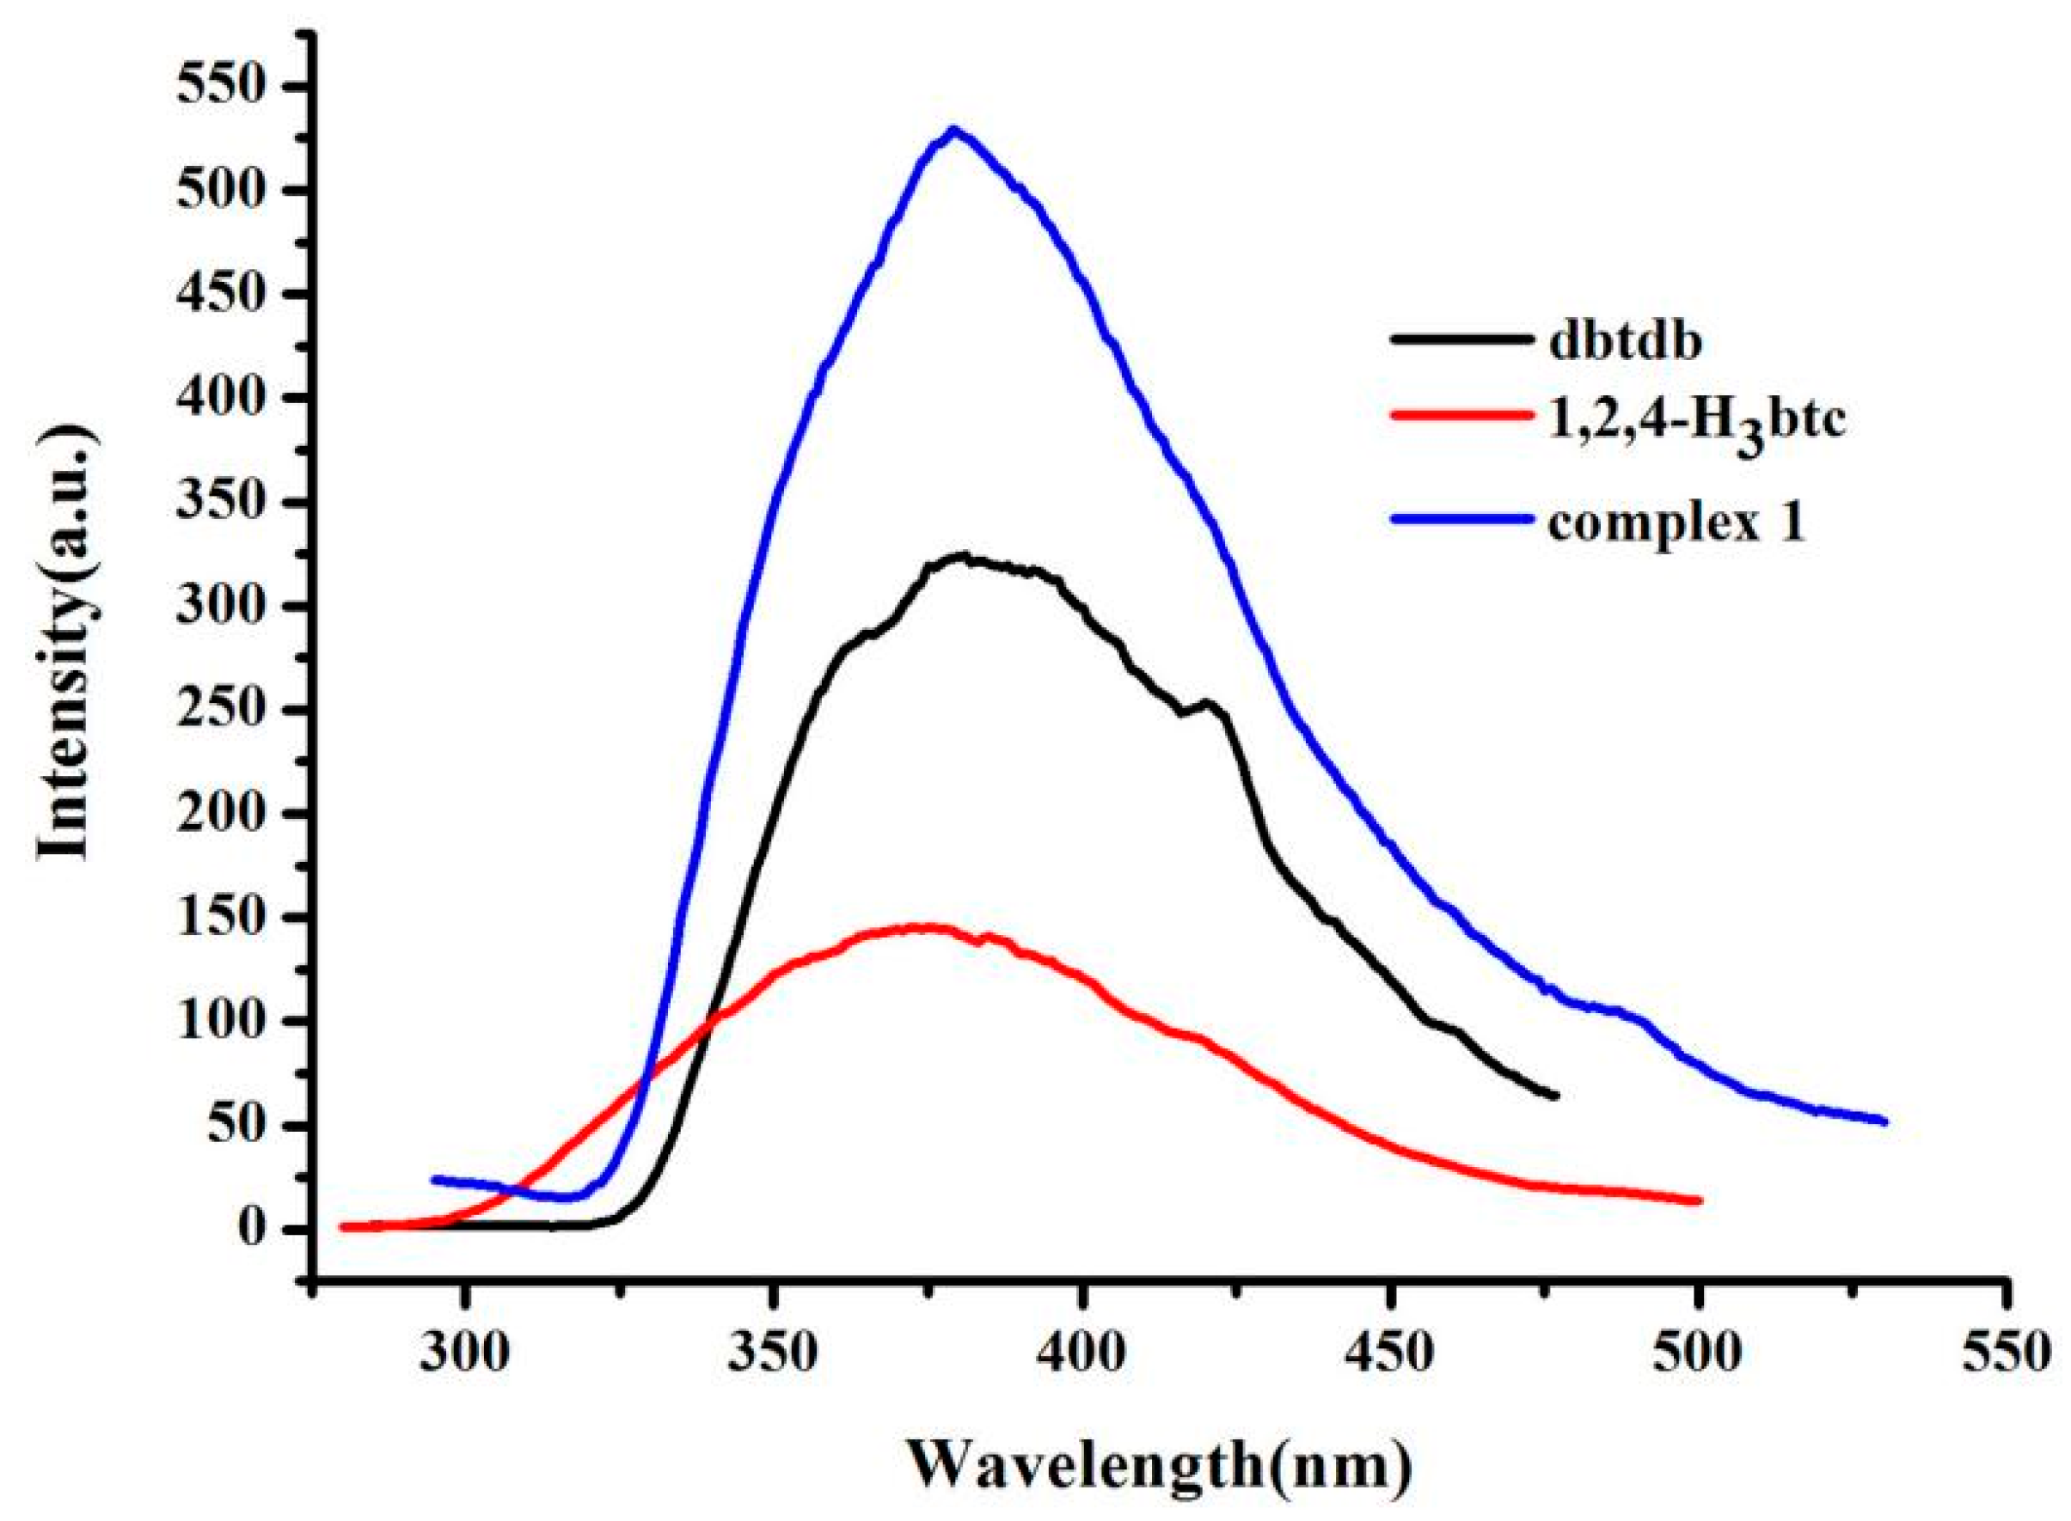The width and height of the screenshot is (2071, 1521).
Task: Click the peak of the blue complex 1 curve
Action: (x=955, y=130)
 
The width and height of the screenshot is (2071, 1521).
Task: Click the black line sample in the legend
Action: (x=1455, y=339)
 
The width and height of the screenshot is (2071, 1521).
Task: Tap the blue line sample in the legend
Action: (x=1455, y=519)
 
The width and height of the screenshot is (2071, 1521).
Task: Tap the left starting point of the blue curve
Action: (x=434, y=1178)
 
